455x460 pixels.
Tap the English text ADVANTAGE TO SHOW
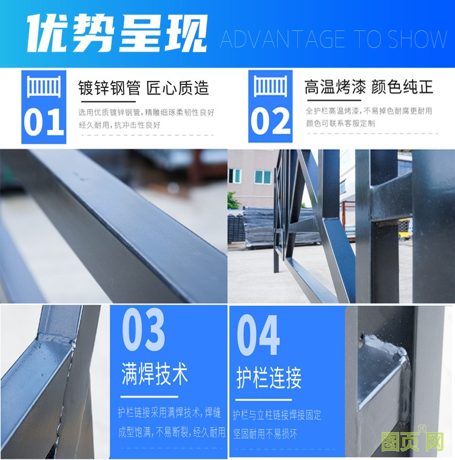point(334,39)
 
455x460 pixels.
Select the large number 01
point(44,122)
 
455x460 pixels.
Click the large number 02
point(270,121)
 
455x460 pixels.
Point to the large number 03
point(143,329)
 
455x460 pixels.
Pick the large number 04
point(258,335)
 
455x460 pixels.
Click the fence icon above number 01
point(44,86)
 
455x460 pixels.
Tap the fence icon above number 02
point(270,86)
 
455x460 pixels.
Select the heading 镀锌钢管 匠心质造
point(143,88)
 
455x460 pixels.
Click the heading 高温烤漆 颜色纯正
point(369,87)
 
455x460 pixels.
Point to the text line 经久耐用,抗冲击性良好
point(120,125)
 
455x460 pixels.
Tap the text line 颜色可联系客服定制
point(340,123)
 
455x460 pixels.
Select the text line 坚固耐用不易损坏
point(265,433)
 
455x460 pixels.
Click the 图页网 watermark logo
point(413,441)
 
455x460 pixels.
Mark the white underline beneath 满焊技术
point(149,397)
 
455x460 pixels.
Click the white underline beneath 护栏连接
point(264,399)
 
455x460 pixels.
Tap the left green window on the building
point(235,176)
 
